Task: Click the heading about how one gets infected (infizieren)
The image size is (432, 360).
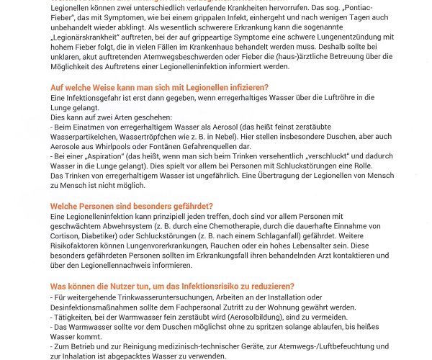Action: click(159, 86)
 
